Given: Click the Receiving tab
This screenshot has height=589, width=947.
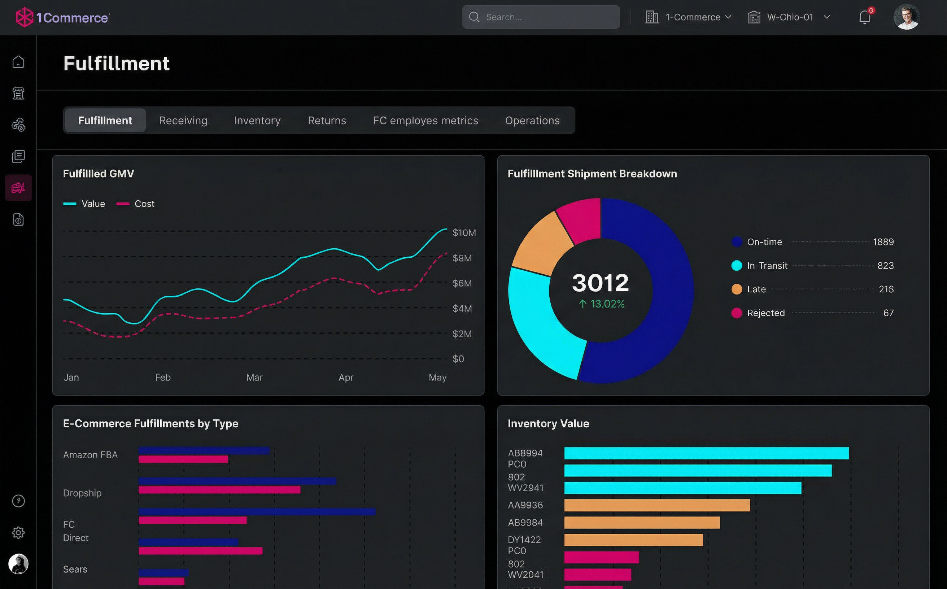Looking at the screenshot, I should [x=183, y=121].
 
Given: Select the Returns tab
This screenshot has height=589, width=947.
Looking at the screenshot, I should [x=327, y=121].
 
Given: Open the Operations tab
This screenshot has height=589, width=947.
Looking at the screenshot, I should [x=532, y=121].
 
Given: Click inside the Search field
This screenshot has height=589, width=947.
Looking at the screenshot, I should [x=545, y=17].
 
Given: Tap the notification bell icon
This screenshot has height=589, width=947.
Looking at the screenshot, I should [x=864, y=17].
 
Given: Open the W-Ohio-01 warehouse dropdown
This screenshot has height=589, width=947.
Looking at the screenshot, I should [x=789, y=17].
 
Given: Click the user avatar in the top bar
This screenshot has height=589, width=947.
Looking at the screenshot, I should [x=906, y=17].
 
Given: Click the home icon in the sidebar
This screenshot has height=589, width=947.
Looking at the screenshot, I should [x=18, y=62].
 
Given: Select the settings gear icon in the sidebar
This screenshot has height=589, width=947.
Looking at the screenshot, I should [x=18, y=532].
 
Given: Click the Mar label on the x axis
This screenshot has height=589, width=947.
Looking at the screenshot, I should [x=254, y=377].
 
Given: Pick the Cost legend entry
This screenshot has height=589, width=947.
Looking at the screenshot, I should [x=136, y=204].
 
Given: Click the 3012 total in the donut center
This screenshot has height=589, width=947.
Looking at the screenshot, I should [x=600, y=283].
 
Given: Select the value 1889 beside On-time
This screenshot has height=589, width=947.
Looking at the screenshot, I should [x=883, y=242].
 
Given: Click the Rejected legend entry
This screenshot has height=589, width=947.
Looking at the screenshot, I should [x=765, y=313].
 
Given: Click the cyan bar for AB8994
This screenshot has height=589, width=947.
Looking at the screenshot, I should [x=706, y=453].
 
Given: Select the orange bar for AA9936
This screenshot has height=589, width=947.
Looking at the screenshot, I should [x=657, y=505].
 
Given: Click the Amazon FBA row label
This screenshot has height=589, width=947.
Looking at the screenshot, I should [x=90, y=455].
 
